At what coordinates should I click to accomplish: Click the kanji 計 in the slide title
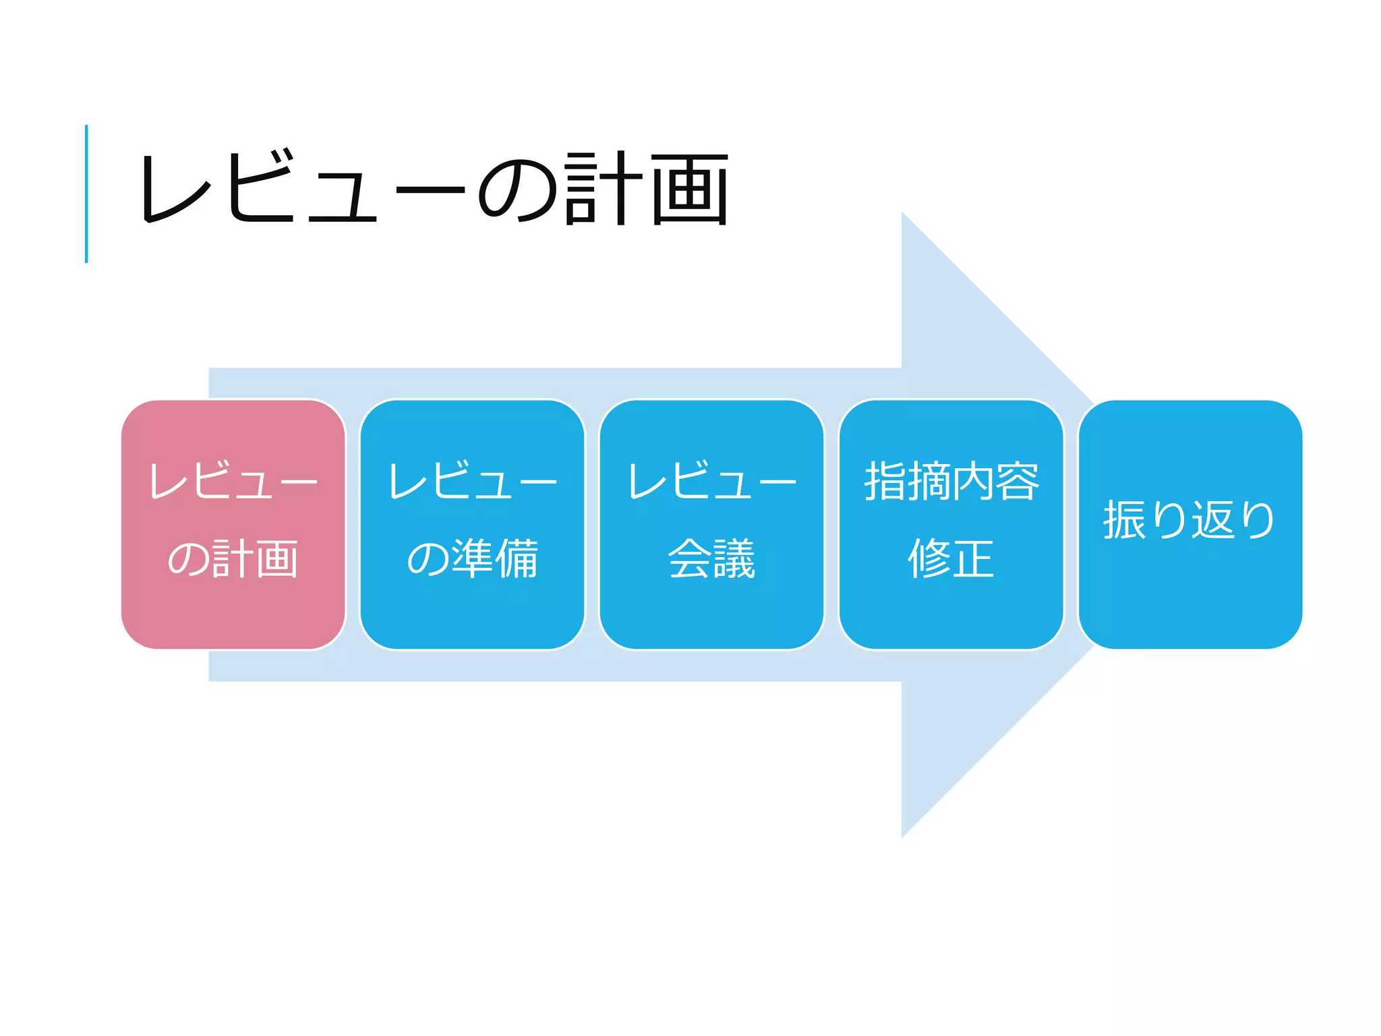pos(602,189)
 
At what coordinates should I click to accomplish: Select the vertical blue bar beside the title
pos(86,194)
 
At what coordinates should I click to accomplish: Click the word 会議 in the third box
pos(711,558)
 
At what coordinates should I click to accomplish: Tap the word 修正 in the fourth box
pos(951,558)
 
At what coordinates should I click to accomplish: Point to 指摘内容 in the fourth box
pos(951,481)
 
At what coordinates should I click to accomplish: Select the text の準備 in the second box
pos(472,558)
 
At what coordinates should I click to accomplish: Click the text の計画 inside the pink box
pos(233,558)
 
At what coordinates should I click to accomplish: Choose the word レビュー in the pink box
pos(233,481)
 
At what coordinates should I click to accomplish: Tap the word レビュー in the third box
pos(711,481)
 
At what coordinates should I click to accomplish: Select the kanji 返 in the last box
pos(1212,520)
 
